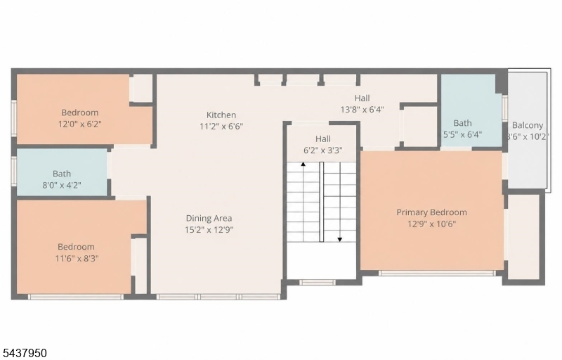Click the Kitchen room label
(221, 115)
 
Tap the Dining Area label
(209, 218)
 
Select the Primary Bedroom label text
(431, 212)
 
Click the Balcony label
(528, 125)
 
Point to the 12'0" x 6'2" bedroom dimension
(80, 124)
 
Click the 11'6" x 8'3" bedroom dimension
(77, 258)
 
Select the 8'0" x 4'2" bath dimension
(62, 185)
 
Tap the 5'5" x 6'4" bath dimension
(462, 134)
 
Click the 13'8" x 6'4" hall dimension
(362, 110)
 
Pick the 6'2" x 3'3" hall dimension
(323, 150)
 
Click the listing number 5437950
(24, 353)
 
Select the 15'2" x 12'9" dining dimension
(209, 229)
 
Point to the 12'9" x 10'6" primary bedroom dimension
(431, 224)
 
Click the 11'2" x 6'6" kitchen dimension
(221, 127)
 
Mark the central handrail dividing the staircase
(322, 202)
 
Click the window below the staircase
(318, 282)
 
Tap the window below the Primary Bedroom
(437, 274)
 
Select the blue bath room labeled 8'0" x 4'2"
(62, 172)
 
